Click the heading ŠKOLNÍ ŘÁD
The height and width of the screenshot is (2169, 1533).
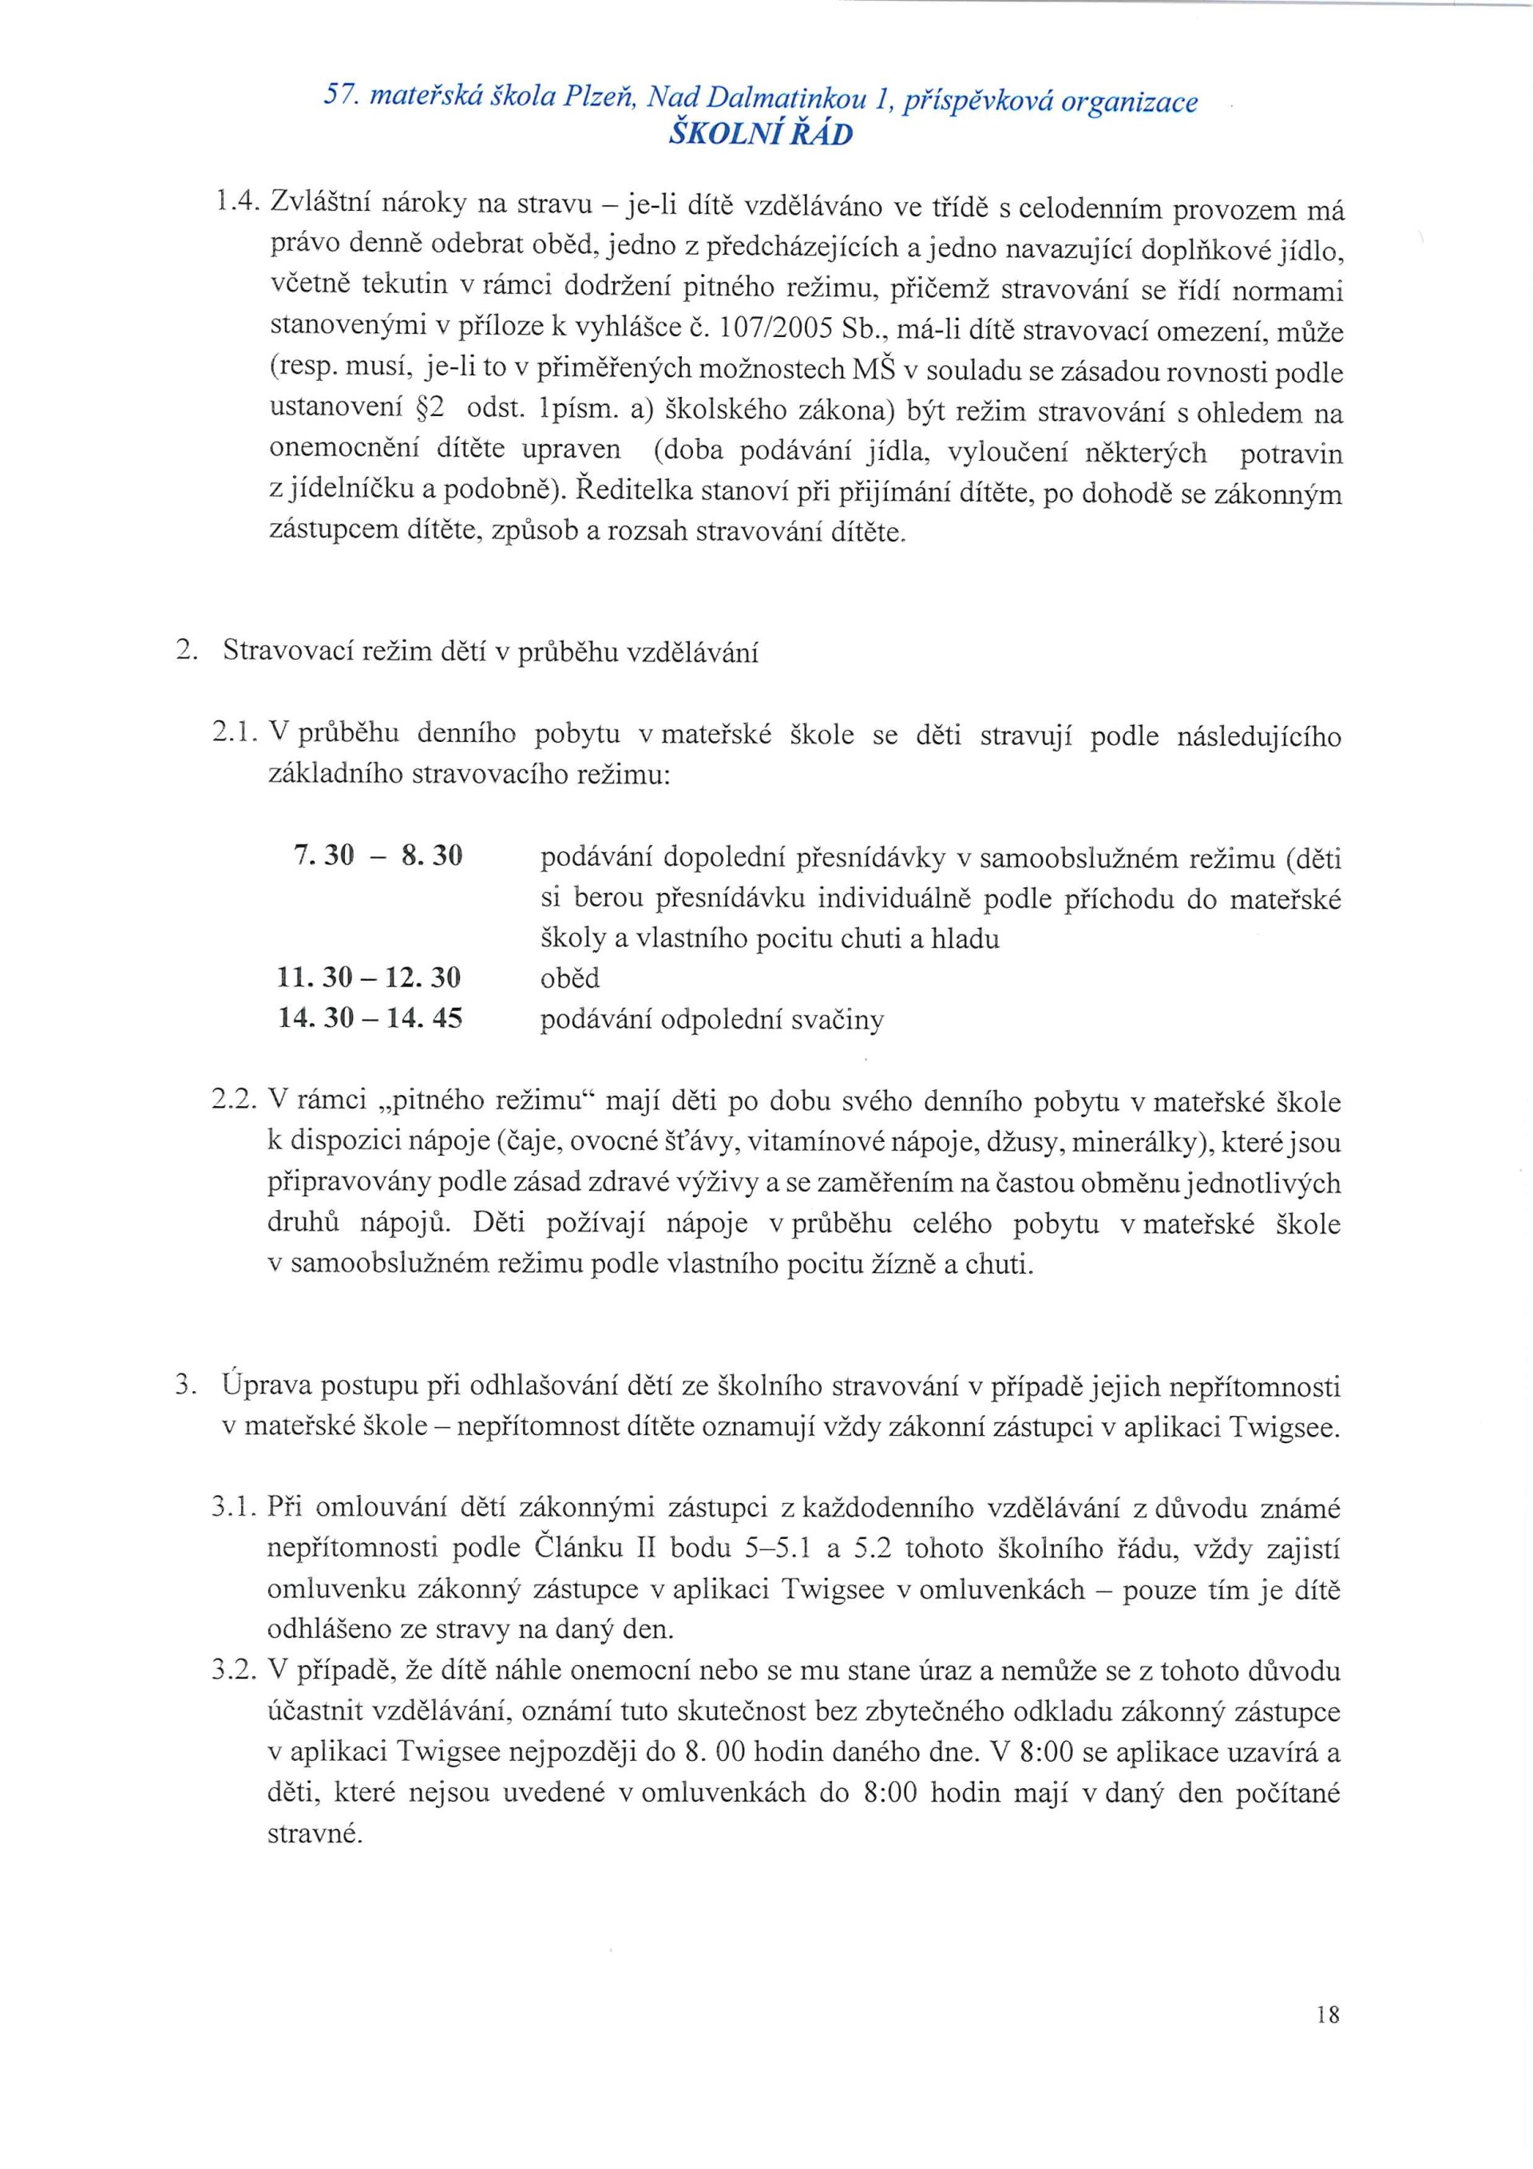click(x=760, y=134)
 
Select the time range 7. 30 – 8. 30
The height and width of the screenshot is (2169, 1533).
click(x=378, y=857)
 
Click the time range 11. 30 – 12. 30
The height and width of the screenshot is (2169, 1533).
click(x=370, y=977)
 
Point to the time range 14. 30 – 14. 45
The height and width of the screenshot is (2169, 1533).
click(x=370, y=1018)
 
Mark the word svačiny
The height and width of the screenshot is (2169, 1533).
click(x=838, y=1019)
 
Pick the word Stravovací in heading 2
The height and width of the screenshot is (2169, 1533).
click(x=287, y=652)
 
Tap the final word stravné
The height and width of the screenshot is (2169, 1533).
click(x=315, y=1834)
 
